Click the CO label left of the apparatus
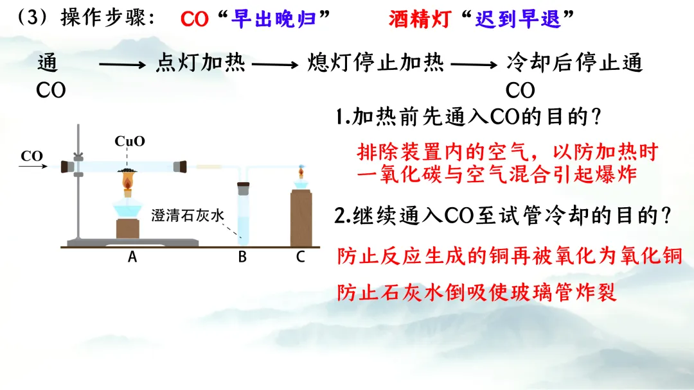point(32,156)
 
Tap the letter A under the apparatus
point(132,257)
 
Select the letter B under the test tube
point(242,257)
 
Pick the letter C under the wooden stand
point(300,257)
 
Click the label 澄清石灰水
point(188,216)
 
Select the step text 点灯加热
point(200,63)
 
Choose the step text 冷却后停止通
point(574,63)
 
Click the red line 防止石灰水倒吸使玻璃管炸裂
point(477,292)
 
